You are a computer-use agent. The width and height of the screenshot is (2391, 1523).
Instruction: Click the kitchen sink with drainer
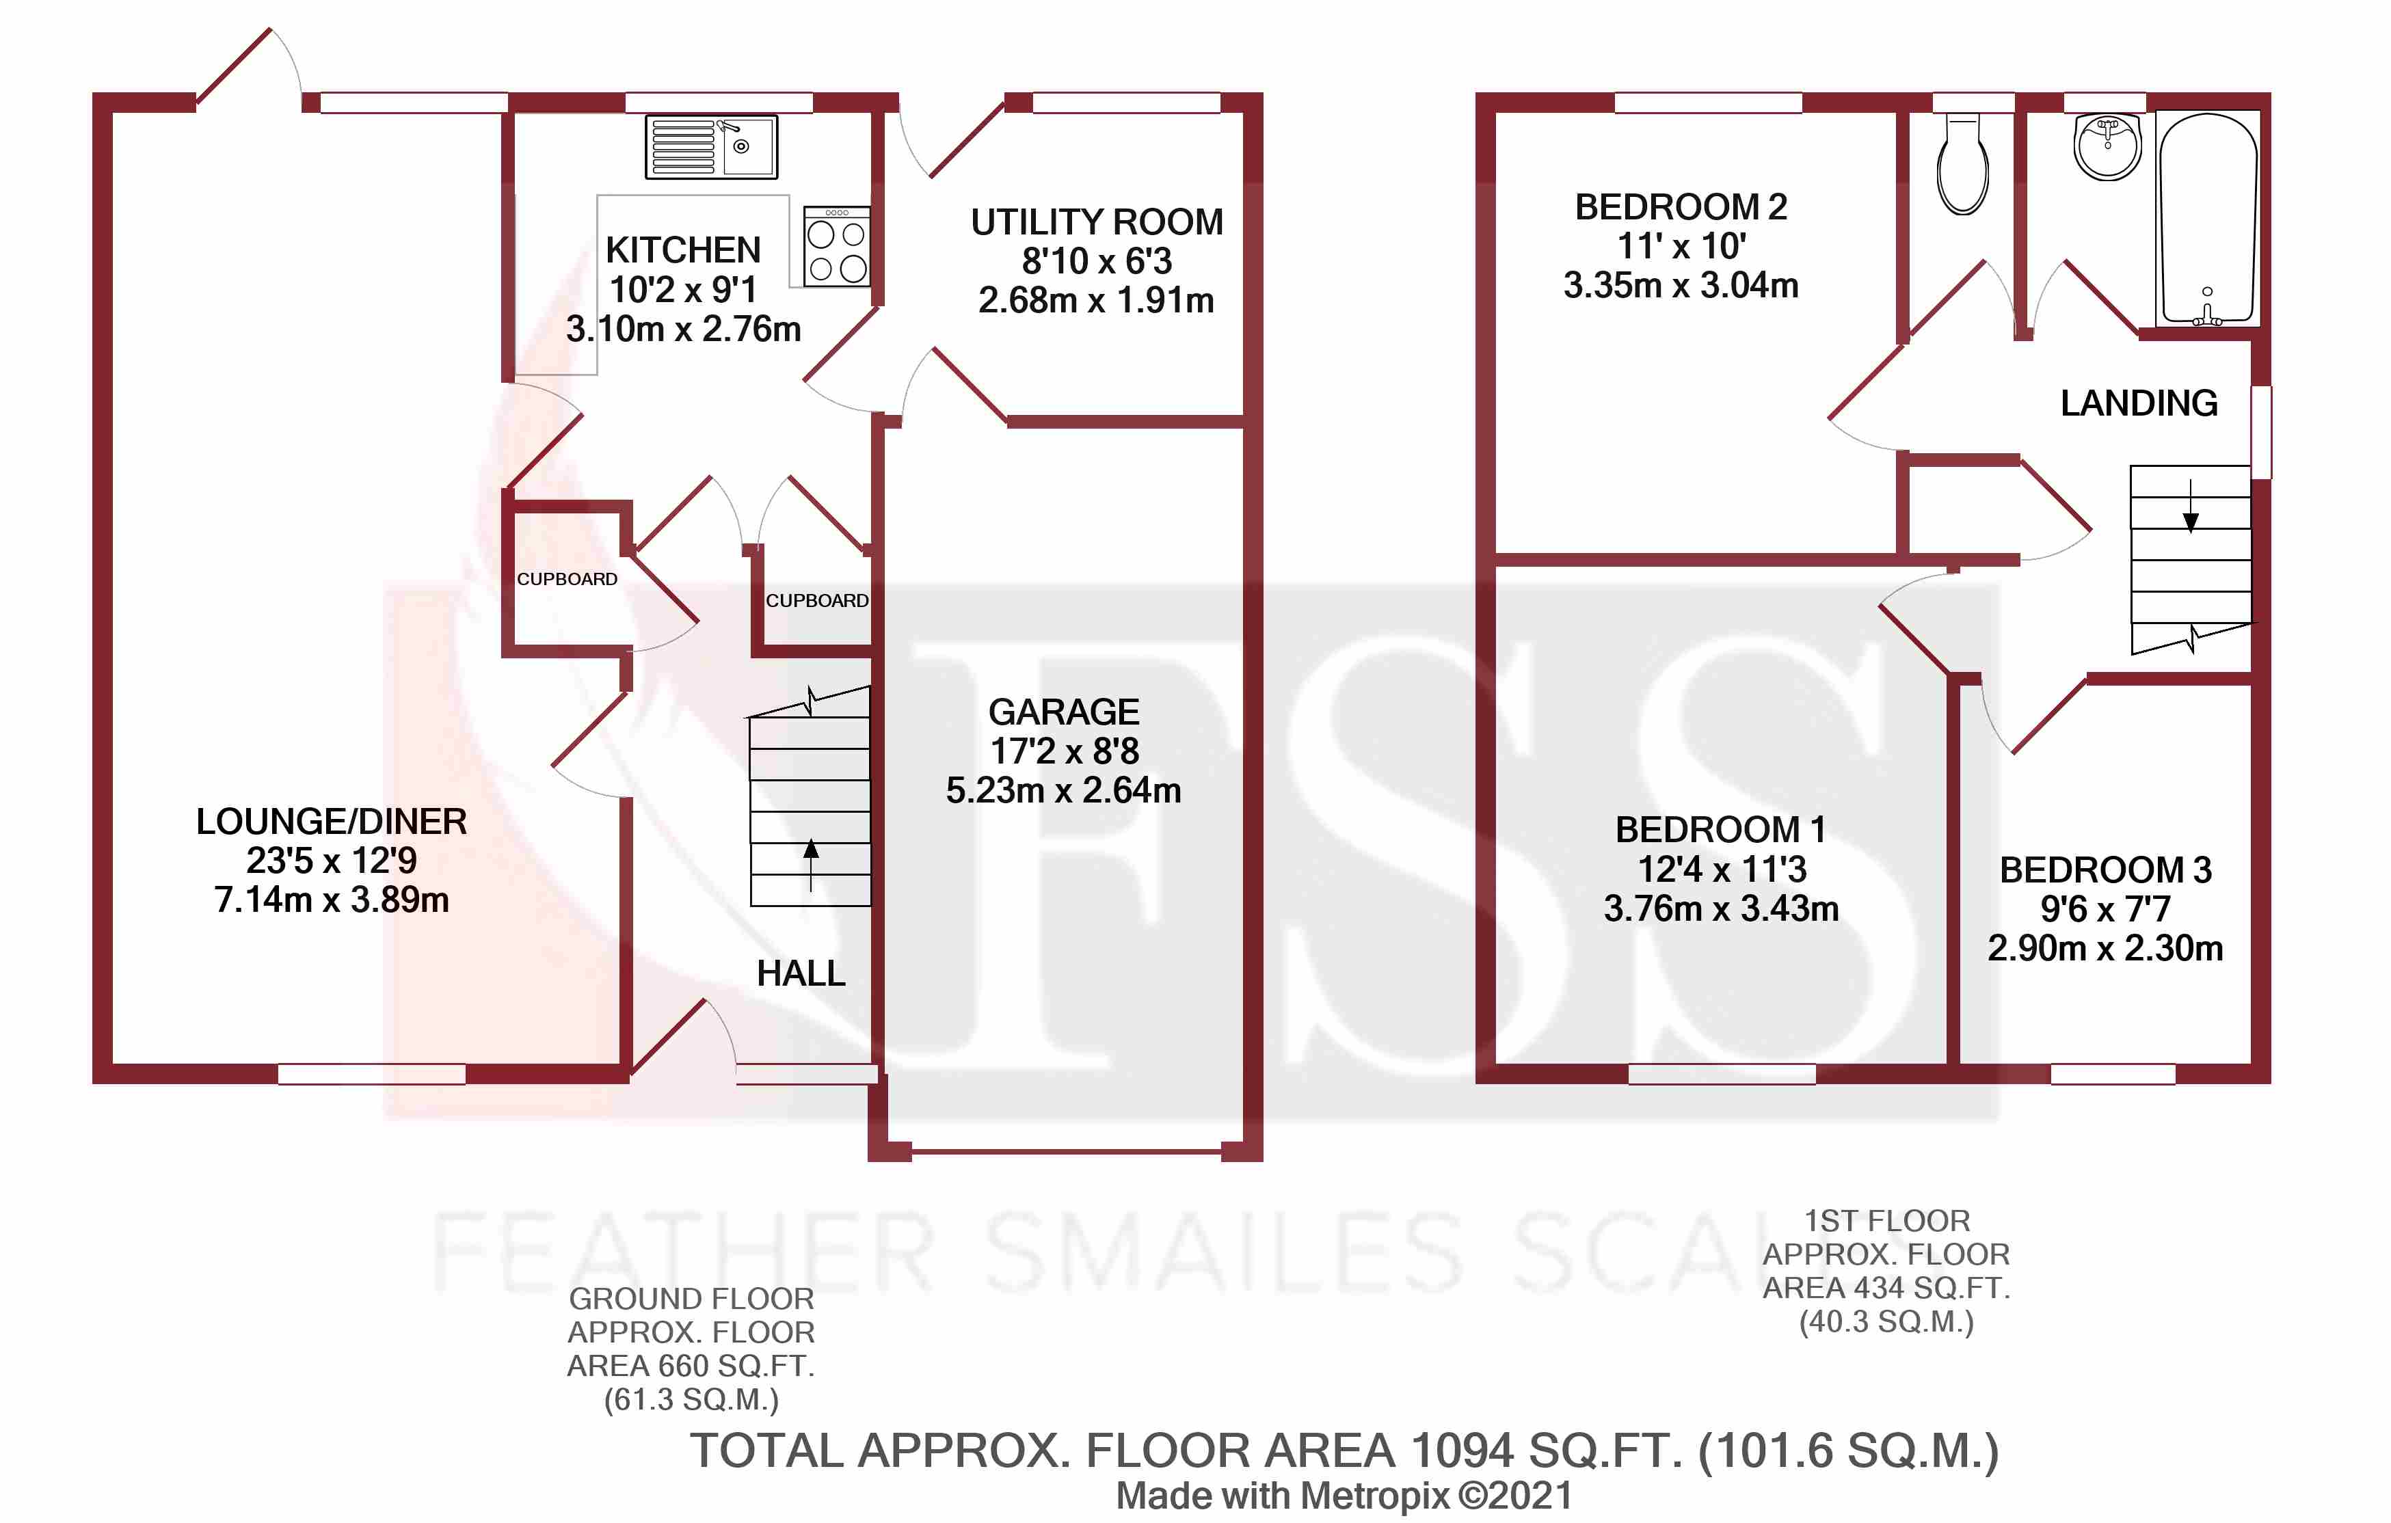711,147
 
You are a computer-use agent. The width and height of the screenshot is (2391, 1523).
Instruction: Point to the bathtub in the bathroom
2207,219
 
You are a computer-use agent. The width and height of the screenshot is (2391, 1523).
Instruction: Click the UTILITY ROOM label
1096,222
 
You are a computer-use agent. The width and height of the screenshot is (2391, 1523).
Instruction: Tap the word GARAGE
1063,712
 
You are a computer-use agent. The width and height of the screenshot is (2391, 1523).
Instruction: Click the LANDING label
2139,403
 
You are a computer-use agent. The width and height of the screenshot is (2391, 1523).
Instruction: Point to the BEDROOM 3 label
2105,870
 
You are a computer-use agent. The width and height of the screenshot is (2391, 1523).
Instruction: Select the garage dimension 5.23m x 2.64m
1063,790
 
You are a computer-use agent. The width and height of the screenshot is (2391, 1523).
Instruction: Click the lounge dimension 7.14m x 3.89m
332,900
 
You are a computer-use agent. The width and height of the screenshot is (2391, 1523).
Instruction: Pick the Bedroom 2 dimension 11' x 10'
1681,246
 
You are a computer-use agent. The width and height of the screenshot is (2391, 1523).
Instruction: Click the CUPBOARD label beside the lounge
567,579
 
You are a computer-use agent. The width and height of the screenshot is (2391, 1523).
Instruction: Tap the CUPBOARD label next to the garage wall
816,601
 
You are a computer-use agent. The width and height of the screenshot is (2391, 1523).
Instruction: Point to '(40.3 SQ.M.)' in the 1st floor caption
1886,1321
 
